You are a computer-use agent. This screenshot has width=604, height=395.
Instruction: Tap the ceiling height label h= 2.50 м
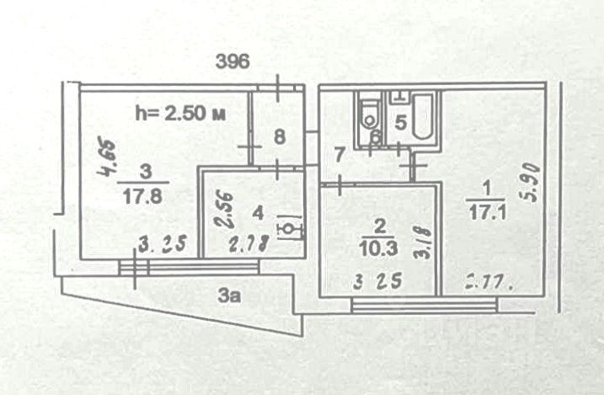pos(179,112)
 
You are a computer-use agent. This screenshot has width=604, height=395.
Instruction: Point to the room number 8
pos(280,136)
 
